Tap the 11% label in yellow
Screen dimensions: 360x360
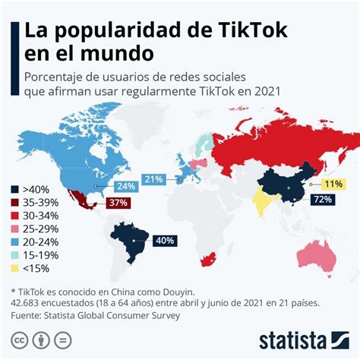click(x=333, y=184)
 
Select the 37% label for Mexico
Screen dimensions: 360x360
click(x=118, y=203)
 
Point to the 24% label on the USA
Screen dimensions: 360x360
click(x=126, y=185)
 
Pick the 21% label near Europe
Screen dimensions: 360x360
click(x=154, y=179)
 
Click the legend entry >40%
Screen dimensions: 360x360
click(x=33, y=190)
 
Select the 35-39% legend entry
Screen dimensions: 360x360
click(x=39, y=204)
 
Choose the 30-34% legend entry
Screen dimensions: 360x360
click(x=39, y=217)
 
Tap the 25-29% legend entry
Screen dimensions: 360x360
click(x=39, y=231)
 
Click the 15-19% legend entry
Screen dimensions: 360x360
click(x=39, y=258)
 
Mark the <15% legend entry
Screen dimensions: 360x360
click(x=35, y=272)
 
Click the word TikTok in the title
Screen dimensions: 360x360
click(x=242, y=31)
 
